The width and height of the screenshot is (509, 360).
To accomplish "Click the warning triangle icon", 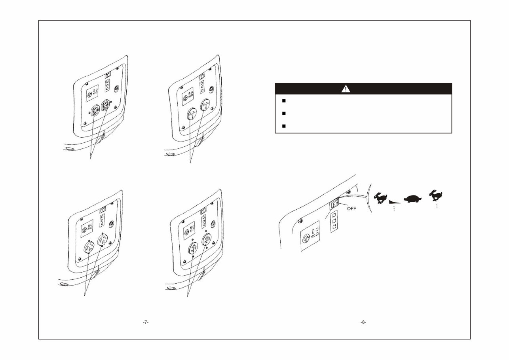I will [x=346, y=89].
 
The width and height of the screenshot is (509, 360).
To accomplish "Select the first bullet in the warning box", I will [x=284, y=101].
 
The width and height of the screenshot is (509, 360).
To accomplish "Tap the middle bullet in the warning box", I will [x=284, y=114].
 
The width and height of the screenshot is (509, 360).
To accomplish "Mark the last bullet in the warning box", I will [x=284, y=126].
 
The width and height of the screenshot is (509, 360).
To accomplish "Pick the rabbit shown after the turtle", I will [x=436, y=195].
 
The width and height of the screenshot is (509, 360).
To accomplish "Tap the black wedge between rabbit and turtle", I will [x=395, y=201].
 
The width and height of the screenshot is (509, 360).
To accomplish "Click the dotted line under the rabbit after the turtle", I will [x=436, y=205].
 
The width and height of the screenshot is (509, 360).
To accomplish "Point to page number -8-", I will [x=363, y=322].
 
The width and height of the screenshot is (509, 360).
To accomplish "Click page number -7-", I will [x=145, y=322].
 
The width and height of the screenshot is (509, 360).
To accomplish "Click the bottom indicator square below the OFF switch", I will [x=334, y=227].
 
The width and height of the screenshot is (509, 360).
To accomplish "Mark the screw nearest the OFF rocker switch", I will [x=348, y=191].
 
